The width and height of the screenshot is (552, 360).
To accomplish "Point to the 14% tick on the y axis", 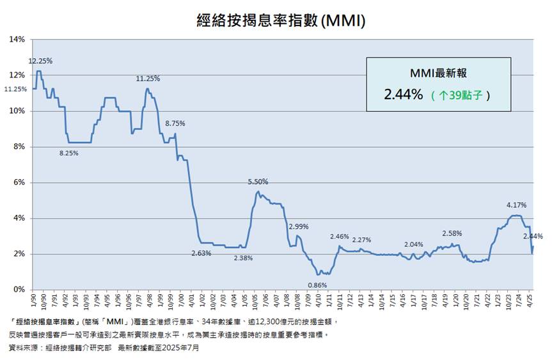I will (x=17, y=40).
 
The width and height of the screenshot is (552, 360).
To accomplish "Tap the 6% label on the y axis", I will (x=19, y=182).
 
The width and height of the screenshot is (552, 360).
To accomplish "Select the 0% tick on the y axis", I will (x=19, y=290).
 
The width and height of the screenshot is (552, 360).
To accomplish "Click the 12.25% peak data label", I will (x=40, y=61).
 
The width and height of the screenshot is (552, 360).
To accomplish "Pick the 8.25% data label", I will (x=70, y=153).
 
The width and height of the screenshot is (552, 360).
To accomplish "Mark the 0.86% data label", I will (x=318, y=285).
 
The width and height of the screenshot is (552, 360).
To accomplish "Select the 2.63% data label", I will (x=201, y=253).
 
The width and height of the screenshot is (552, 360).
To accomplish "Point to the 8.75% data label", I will (x=175, y=123).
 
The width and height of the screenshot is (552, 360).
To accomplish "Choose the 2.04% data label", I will (x=414, y=244).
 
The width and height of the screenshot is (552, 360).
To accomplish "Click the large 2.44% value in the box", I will (x=403, y=95).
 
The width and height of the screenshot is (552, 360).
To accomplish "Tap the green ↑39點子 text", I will (x=461, y=95).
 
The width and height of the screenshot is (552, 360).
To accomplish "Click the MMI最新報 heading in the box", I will (x=438, y=74).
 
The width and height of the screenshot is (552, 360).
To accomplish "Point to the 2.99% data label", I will (x=299, y=226).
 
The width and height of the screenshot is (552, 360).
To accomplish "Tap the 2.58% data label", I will (x=452, y=233).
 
